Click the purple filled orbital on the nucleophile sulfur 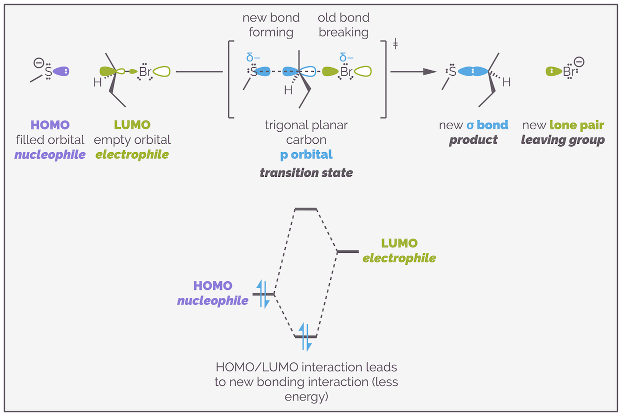click(x=60, y=72)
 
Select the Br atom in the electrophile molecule click(x=145, y=72)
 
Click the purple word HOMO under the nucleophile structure click(x=50, y=125)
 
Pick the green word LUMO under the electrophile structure click(x=132, y=125)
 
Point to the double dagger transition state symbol click(x=395, y=46)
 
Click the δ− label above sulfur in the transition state click(x=253, y=57)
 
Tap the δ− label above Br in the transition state click(x=346, y=57)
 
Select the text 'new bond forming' click(x=271, y=25)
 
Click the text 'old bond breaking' click(x=343, y=25)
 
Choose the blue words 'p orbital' click(x=306, y=155)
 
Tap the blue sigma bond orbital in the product click(x=472, y=72)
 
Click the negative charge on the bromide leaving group click(x=579, y=62)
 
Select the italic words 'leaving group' click(x=563, y=140)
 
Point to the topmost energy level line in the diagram click(x=305, y=209)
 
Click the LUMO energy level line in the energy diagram click(x=347, y=251)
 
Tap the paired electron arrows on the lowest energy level click(x=305, y=336)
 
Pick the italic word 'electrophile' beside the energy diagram click(x=399, y=259)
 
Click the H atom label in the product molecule click(x=506, y=83)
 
